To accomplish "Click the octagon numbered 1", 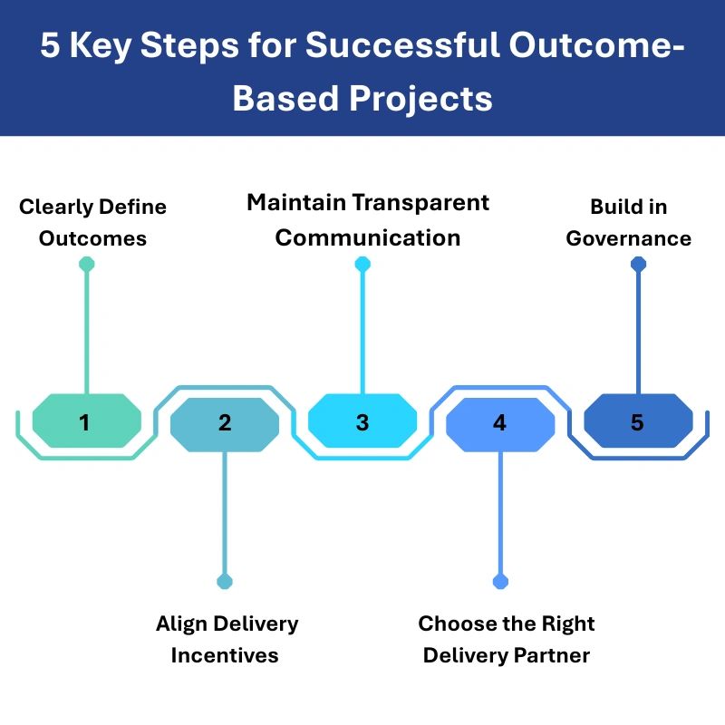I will tap(86, 422).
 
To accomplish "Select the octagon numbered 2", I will tap(225, 422).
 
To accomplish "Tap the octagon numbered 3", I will tap(362, 422).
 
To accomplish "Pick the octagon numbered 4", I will tap(500, 422).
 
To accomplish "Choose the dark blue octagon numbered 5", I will tap(637, 422).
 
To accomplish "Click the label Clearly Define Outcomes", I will tap(92, 222).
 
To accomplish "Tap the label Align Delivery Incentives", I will tap(226, 639).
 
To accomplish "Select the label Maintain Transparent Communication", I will tap(368, 219).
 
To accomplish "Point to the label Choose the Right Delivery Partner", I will tap(507, 639).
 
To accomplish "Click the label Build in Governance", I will tap(628, 222).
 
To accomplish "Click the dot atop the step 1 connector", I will tap(86, 265).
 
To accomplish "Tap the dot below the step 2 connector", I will tap(225, 582).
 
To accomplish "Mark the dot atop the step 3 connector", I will tap(362, 265).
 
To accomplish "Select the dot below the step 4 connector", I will tap(500, 582).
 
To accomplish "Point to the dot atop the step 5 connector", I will tap(638, 265).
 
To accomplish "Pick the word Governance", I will tap(628, 238).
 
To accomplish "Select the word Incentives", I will tap(225, 654).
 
